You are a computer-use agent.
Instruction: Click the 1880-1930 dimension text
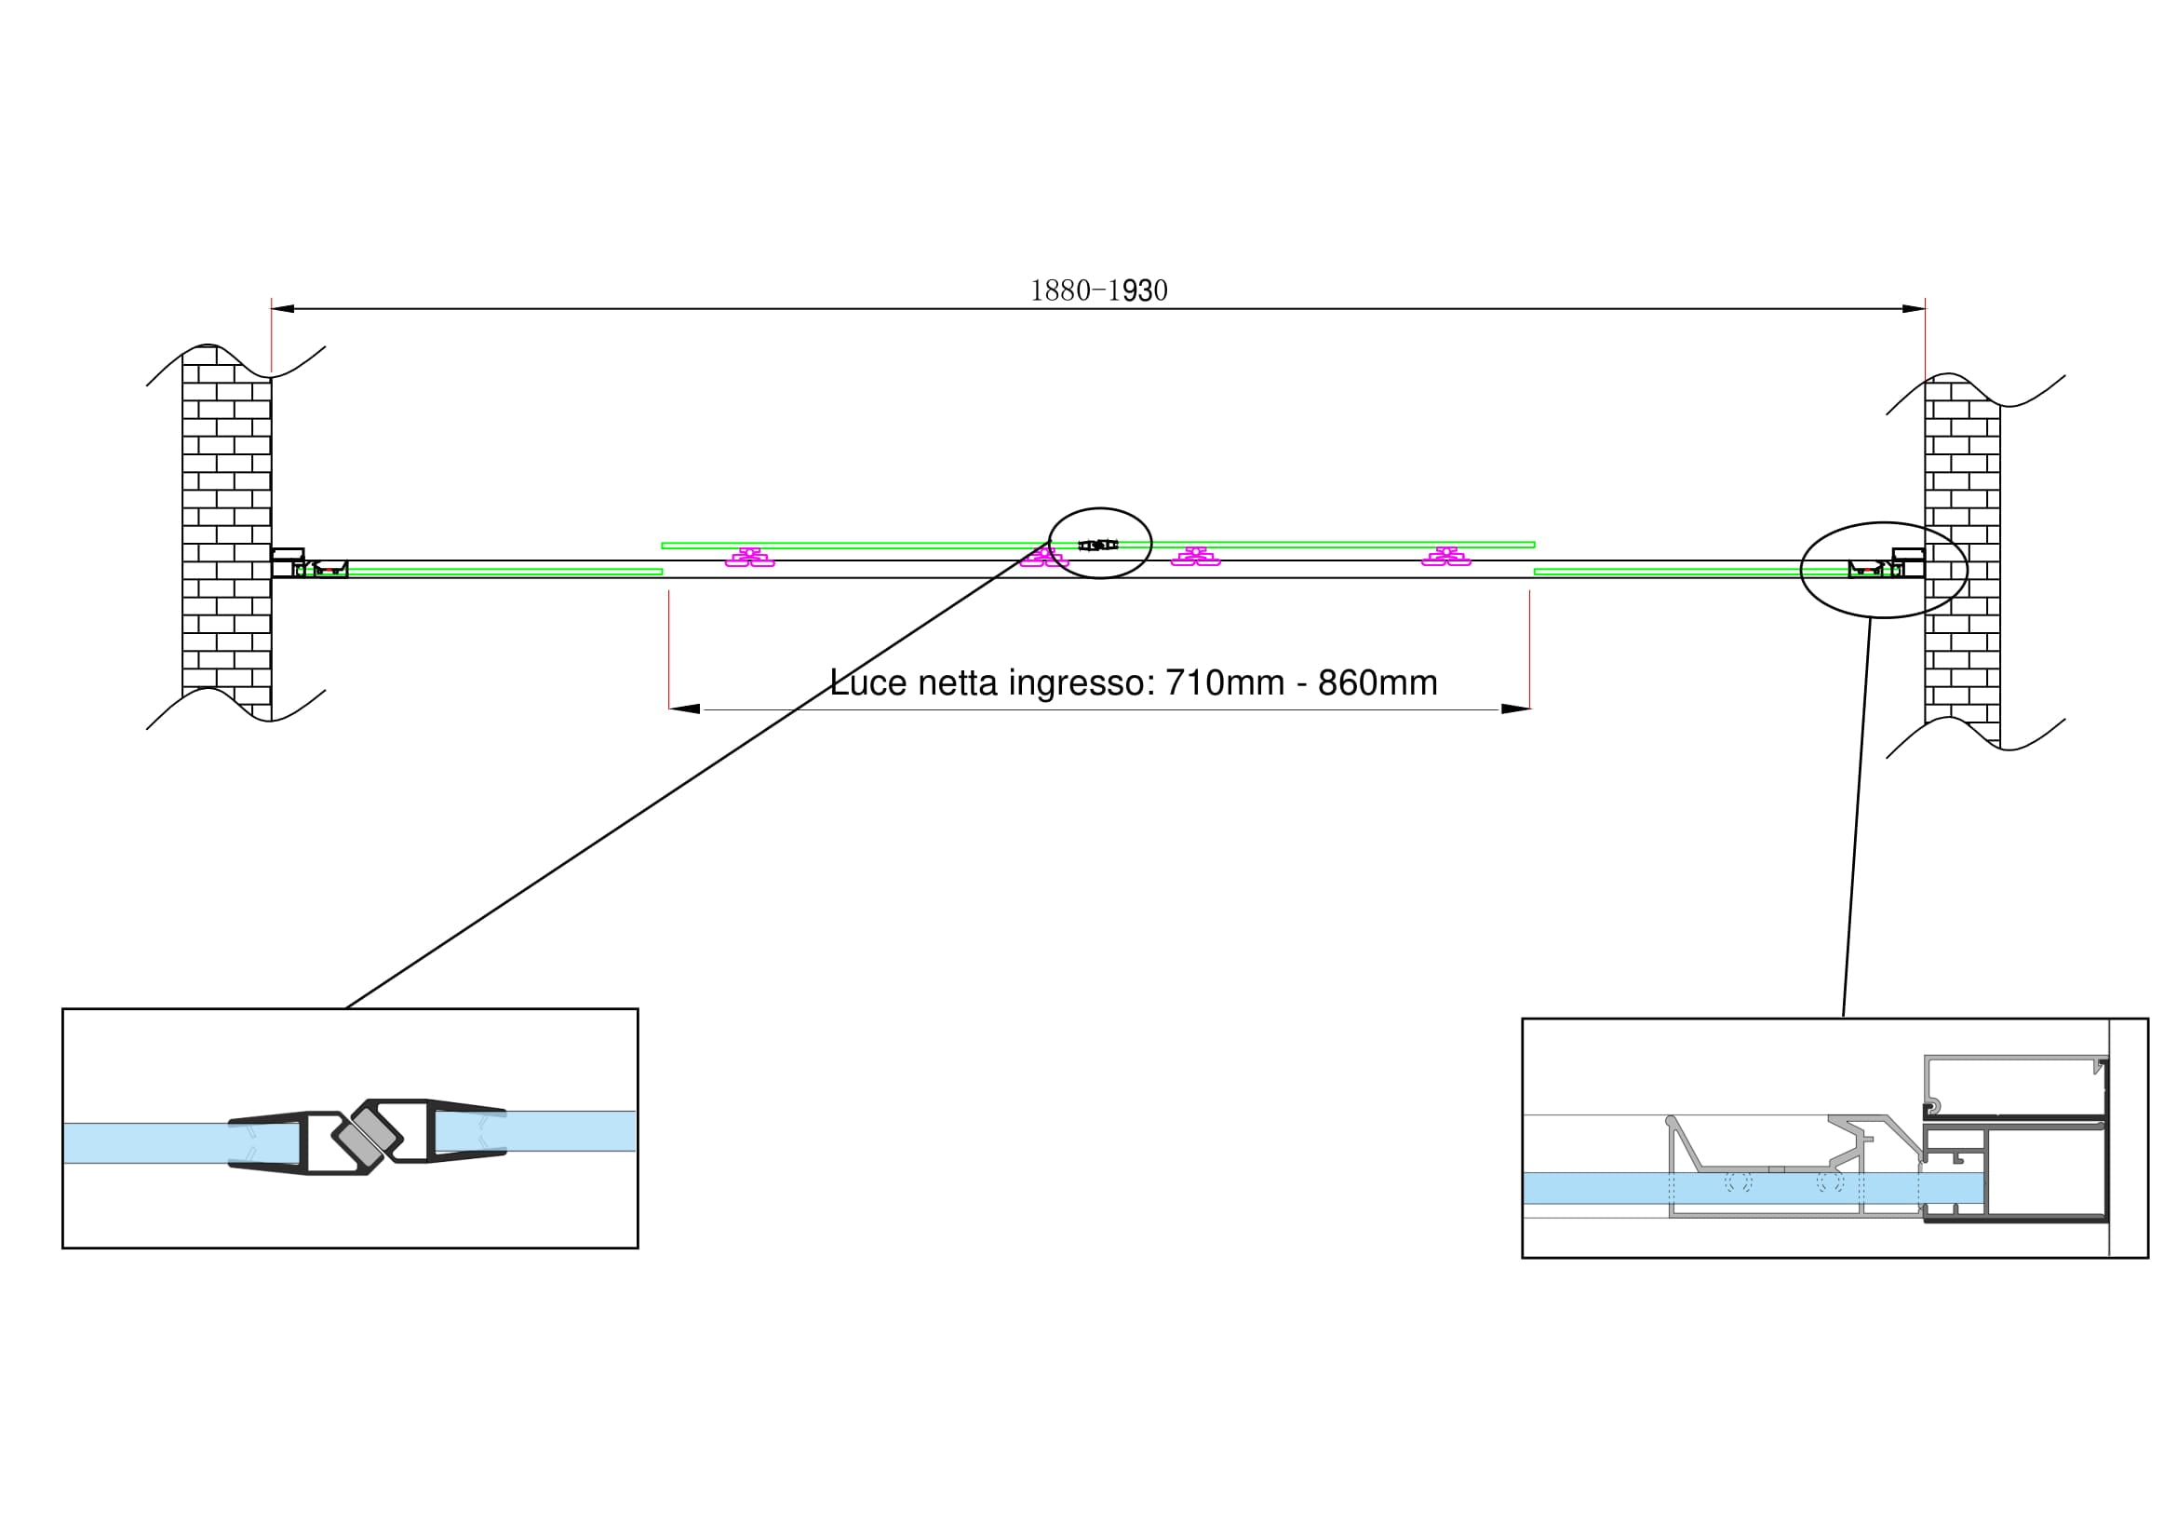pyautogui.click(x=1099, y=290)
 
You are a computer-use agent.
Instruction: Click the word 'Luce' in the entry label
pyautogui.click(x=867, y=682)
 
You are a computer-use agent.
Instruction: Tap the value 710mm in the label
pyautogui.click(x=1224, y=682)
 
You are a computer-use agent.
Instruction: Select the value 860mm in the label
pyautogui.click(x=1377, y=682)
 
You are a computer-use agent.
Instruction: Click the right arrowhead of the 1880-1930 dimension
pyautogui.click(x=1914, y=308)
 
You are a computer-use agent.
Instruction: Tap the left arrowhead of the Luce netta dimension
pyautogui.click(x=685, y=709)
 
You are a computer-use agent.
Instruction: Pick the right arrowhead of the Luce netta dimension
pyautogui.click(x=1514, y=709)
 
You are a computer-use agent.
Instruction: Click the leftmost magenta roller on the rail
pyautogui.click(x=749, y=558)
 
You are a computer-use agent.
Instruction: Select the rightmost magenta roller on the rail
pyautogui.click(x=1446, y=558)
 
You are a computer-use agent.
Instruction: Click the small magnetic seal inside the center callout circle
pyautogui.click(x=1098, y=545)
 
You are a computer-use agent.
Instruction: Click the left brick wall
pyautogui.click(x=226, y=531)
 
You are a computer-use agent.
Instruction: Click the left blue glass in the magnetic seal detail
pyautogui.click(x=142, y=1142)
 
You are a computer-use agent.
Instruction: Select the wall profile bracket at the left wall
pyautogui.click(x=288, y=562)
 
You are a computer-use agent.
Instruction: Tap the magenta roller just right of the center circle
pyautogui.click(x=1196, y=558)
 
